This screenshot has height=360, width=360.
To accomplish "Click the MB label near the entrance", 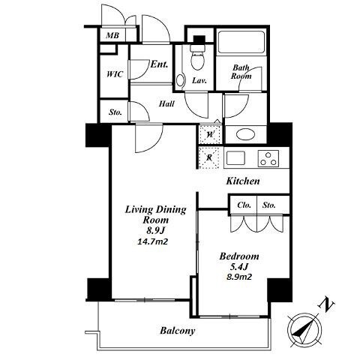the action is pos(112,35).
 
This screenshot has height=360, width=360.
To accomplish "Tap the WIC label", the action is pos(115,74).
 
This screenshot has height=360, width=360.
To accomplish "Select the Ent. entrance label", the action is pos(159,64).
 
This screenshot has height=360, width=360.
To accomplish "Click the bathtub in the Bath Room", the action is pos(241,42).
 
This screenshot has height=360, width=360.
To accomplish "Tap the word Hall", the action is pos(166,103).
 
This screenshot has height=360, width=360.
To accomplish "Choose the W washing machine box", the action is pos(210,134).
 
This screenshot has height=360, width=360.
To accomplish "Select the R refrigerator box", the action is pos(209,157).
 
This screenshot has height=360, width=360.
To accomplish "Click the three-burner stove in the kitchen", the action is pos(268,158).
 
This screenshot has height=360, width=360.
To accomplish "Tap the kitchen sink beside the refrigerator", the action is pos(235,158).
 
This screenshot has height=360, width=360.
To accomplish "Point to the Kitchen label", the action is pos(243,181).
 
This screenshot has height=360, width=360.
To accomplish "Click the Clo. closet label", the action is pos(244,205).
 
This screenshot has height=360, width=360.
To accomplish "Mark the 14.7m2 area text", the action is pos(152,241).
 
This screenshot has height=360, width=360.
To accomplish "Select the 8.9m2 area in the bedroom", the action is pos(239,277).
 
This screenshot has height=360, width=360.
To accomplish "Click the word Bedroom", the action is pos(239,256).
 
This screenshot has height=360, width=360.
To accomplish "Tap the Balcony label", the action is pos(178,331).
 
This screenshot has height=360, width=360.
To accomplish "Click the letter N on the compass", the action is pos(326,304).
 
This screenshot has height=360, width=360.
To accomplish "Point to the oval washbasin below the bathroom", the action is pos(245,135).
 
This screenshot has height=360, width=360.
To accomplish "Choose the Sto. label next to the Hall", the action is pos(115,112).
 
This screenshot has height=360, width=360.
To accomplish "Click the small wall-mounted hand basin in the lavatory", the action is pos(180,79).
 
